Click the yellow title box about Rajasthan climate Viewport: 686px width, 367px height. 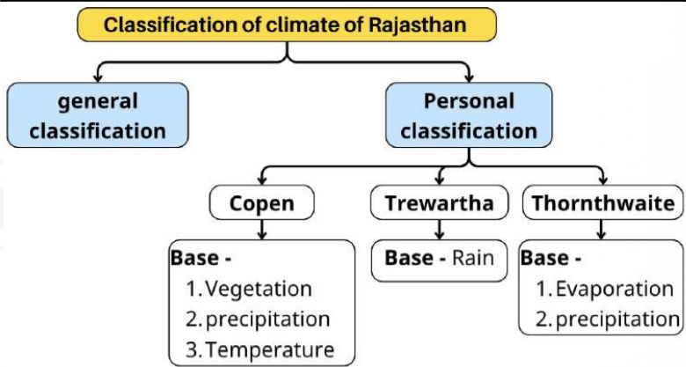286,24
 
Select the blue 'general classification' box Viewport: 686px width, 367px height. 98,115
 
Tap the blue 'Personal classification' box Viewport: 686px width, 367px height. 468,115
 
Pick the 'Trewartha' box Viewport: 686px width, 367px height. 439,204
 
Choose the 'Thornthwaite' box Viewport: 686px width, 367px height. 602,204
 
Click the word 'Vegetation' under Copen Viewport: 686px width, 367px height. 261,289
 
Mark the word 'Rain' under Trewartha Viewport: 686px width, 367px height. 473,259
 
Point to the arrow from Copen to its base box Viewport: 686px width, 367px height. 261,230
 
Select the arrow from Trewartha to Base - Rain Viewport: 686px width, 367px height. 439,230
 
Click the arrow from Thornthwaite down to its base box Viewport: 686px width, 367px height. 602,230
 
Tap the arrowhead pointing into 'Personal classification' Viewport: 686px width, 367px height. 468,77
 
